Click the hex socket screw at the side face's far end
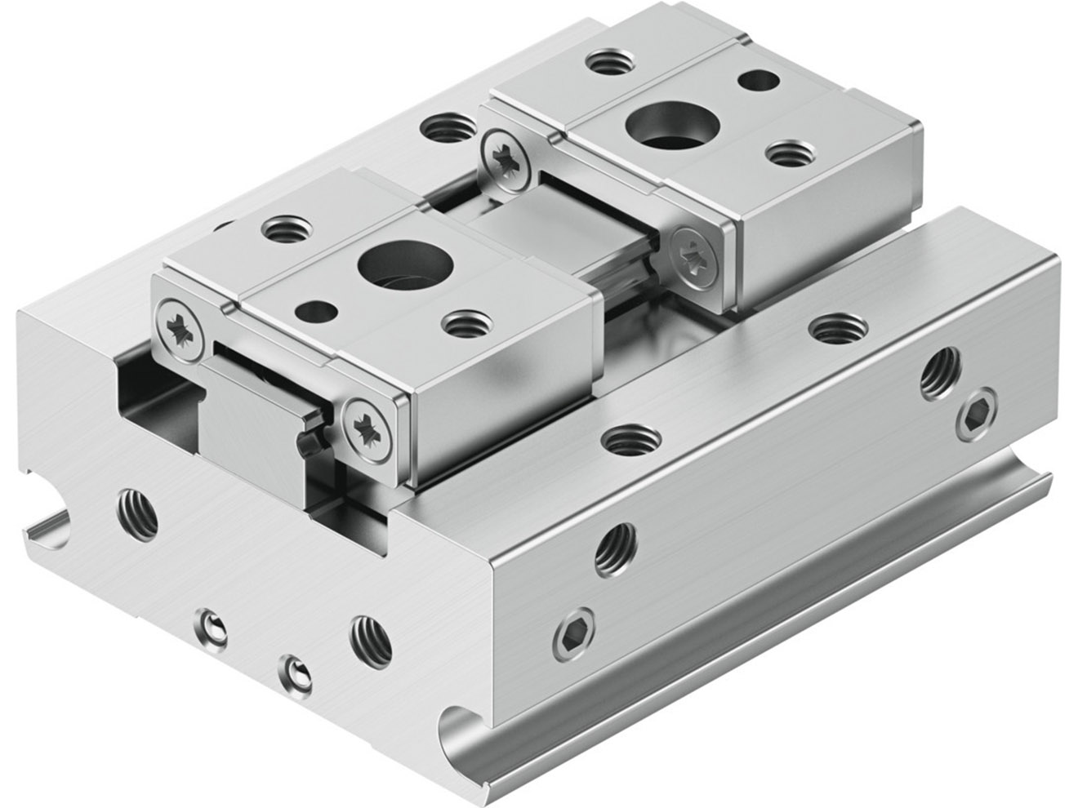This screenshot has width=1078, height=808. pos(973,417)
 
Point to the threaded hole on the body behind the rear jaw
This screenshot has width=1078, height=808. pos(443,129)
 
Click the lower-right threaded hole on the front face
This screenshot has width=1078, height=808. pos(370,637)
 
